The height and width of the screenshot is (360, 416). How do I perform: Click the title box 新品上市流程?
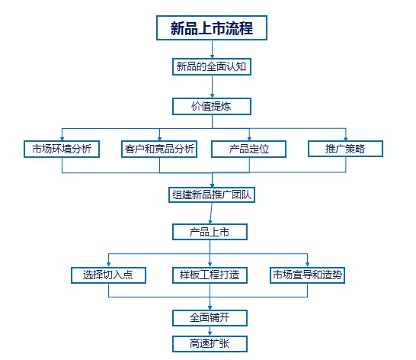pyautogui.click(x=212, y=28)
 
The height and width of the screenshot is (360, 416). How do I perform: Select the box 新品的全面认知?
pyautogui.click(x=212, y=66)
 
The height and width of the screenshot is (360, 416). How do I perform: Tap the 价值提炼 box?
pyautogui.click(x=212, y=107)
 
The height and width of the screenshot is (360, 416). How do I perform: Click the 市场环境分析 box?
pyautogui.click(x=62, y=149)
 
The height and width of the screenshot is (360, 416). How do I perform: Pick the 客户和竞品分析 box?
pyautogui.click(x=159, y=149)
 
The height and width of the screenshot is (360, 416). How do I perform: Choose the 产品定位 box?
pyautogui.click(x=249, y=149)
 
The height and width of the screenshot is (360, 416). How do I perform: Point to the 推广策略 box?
pyautogui.click(x=345, y=149)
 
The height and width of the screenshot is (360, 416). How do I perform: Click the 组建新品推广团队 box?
pyautogui.click(x=212, y=195)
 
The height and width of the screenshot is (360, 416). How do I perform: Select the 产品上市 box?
pyautogui.click(x=210, y=232)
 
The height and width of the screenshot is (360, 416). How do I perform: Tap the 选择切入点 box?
pyautogui.click(x=108, y=275)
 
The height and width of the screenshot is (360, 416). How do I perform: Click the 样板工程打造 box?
pyautogui.click(x=210, y=275)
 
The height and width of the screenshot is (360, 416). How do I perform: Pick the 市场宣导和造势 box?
pyautogui.click(x=307, y=275)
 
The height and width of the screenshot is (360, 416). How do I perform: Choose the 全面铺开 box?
pyautogui.click(x=210, y=318)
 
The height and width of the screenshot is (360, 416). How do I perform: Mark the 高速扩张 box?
pyautogui.click(x=210, y=344)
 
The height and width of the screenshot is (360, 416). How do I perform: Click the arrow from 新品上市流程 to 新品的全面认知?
pyautogui.click(x=212, y=50)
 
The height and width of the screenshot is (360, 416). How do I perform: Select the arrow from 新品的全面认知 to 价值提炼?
pyautogui.click(x=212, y=87)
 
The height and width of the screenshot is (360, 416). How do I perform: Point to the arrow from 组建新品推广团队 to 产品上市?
pyautogui.click(x=211, y=214)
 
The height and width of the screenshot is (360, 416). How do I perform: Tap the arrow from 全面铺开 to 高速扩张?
pyautogui.click(x=210, y=331)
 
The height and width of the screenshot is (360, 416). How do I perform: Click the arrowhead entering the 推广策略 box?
pyautogui.click(x=346, y=138)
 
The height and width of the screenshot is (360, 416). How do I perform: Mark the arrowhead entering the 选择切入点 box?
pyautogui.click(x=108, y=264)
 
